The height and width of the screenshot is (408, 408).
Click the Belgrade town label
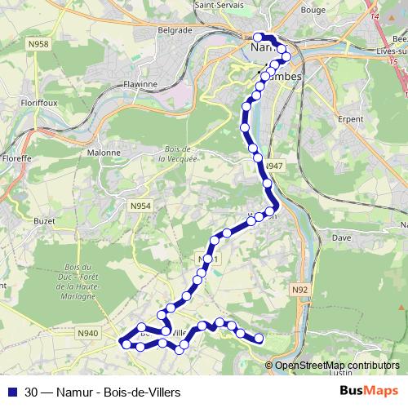click(x=175, y=30)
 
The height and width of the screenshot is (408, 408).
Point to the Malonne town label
click(x=104, y=152)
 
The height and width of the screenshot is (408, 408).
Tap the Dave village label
click(x=343, y=238)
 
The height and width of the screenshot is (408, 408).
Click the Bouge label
click(x=335, y=11)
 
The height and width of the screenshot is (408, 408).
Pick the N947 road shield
click(x=273, y=166)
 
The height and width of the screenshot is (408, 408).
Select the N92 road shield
click(x=299, y=289)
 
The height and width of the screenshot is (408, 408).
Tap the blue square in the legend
click(x=11, y=392)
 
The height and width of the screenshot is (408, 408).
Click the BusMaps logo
click(x=370, y=392)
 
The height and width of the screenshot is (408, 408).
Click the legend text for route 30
click(x=103, y=392)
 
